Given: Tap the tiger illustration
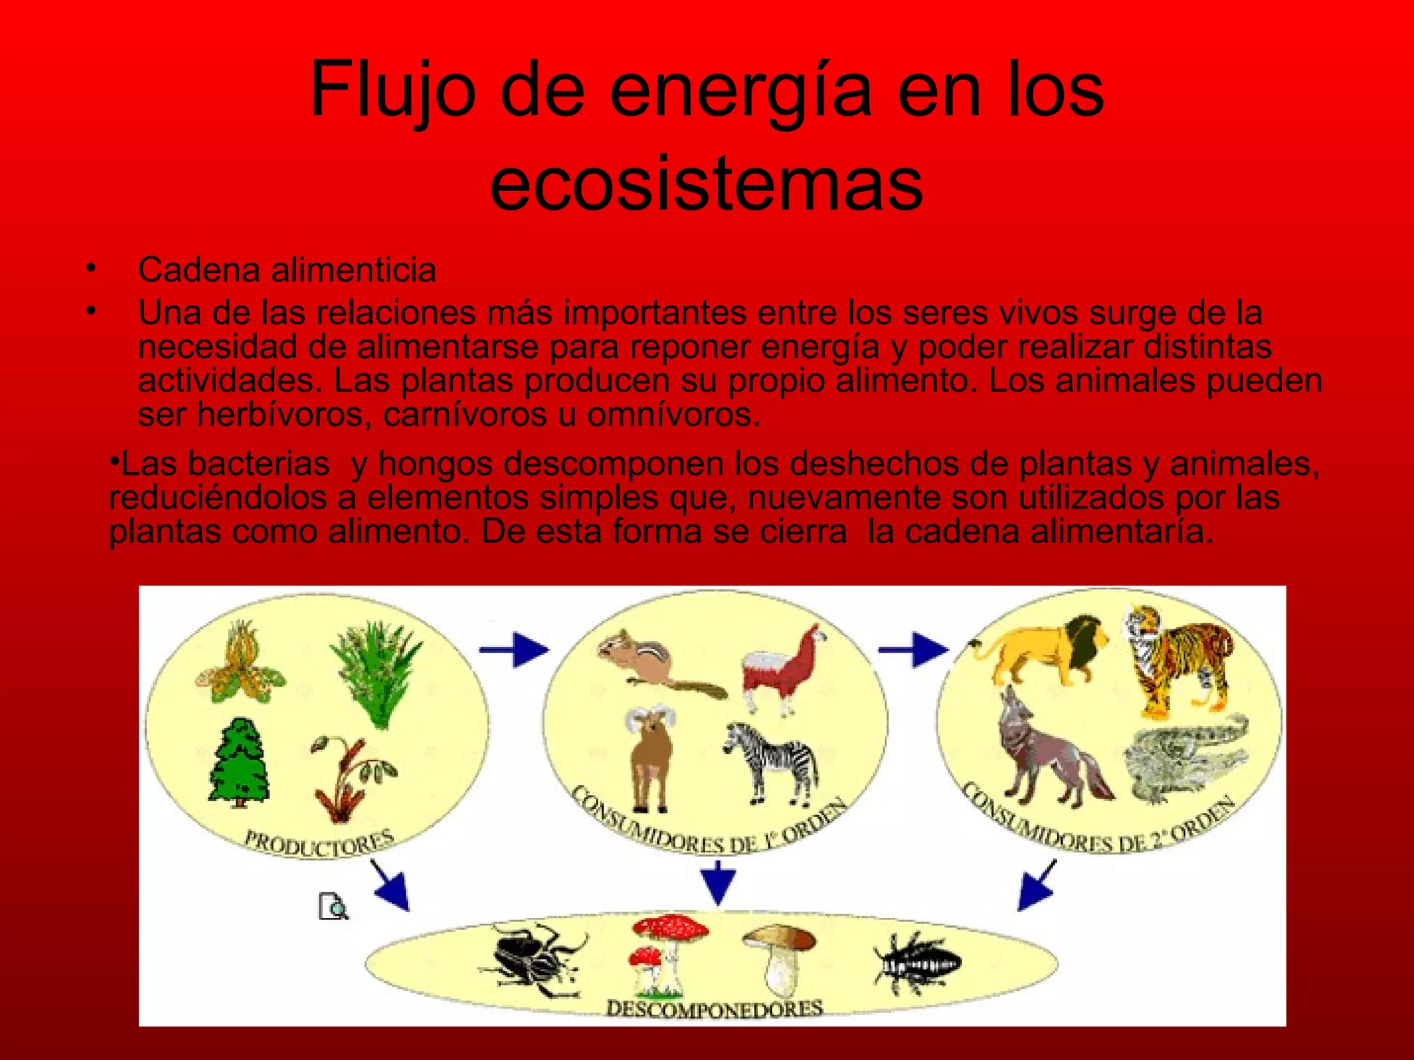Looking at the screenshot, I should point(1181,659).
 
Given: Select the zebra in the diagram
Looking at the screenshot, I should point(773,763).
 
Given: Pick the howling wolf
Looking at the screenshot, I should point(1049,752).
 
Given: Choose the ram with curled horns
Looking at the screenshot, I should point(651,756).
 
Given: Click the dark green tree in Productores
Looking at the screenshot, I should point(238,763).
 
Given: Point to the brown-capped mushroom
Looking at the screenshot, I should point(780,952).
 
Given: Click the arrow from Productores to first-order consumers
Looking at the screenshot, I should point(514,649).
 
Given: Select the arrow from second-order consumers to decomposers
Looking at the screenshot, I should point(1037,887).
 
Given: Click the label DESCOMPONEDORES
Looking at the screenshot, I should point(715,1008).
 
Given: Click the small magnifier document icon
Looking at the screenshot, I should point(333,906).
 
